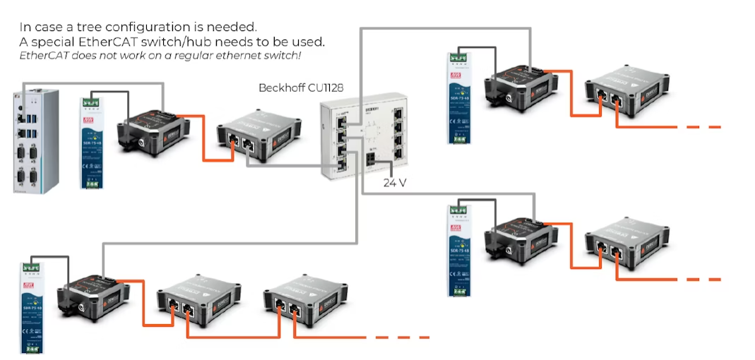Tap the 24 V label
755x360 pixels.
(393, 182)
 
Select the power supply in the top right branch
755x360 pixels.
(459, 98)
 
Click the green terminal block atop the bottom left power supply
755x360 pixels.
(32, 268)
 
